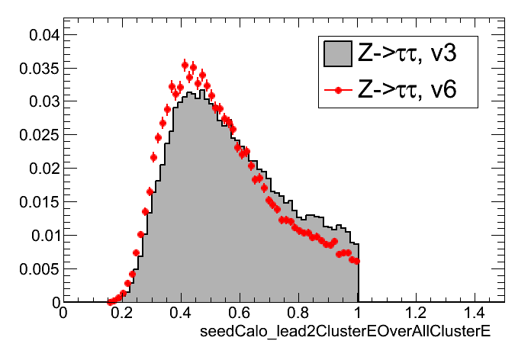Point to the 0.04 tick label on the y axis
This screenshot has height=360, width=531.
click(x=40, y=34)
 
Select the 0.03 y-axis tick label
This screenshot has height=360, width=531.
click(x=40, y=101)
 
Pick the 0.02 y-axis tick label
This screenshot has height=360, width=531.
click(x=40, y=169)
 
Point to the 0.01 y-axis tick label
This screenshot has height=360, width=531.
click(x=40, y=236)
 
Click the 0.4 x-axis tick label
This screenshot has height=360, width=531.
click(x=181, y=313)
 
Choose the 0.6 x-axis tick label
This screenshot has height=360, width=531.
click(x=240, y=313)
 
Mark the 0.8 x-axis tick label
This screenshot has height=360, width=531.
click(x=298, y=313)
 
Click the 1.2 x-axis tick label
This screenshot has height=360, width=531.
click(x=416, y=313)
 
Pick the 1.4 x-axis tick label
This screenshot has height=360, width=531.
click(x=475, y=313)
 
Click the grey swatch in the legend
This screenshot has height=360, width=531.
click(x=336, y=53)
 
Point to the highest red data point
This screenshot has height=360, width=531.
click(x=185, y=65)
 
